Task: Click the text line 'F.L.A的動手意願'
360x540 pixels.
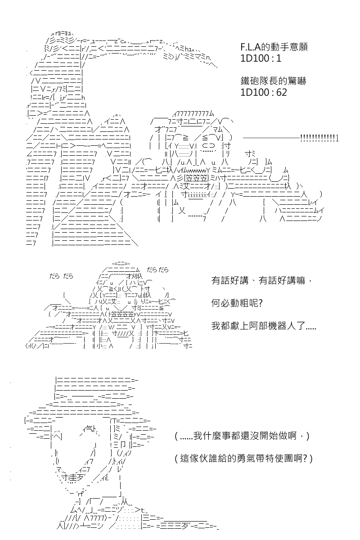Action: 274,47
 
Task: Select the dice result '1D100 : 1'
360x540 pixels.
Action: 261,58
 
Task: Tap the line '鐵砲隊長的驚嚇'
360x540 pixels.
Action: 273,81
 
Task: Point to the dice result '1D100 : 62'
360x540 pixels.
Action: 264,92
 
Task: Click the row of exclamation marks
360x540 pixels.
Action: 319,138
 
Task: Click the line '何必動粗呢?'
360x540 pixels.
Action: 237,303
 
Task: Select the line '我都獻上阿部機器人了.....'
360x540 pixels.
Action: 264,326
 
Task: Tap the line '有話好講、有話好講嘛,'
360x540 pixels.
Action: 262,280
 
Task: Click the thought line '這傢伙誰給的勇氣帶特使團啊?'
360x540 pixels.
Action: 243,459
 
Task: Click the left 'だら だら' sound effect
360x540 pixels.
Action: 61,276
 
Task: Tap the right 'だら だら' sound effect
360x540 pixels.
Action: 157,270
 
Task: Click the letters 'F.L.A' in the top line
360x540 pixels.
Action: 251,47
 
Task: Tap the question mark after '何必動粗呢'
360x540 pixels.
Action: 260,303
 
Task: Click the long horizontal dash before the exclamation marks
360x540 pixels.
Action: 271,138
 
